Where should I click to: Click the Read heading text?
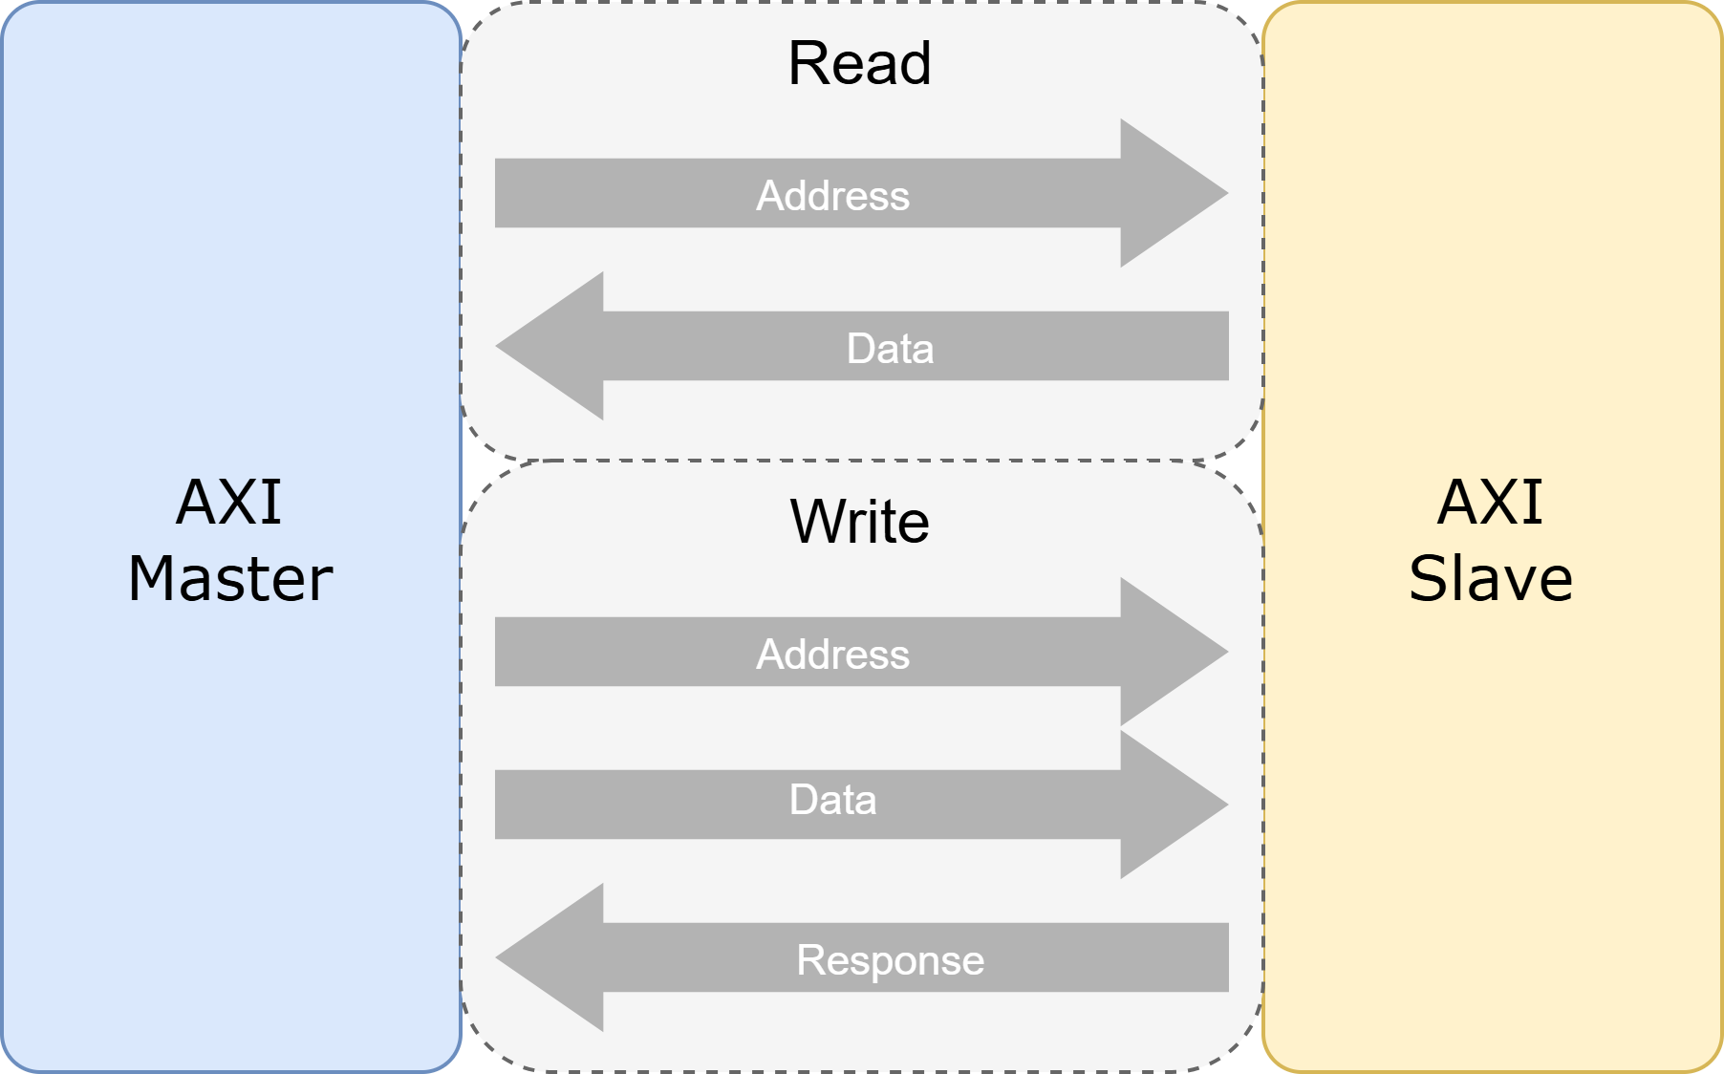tap(859, 64)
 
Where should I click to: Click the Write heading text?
tap(859, 522)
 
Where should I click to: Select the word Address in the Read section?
tap(832, 196)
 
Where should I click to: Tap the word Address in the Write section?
tap(832, 655)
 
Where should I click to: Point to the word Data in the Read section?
tap(890, 349)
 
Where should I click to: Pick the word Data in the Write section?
tap(832, 800)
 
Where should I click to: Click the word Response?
tap(890, 960)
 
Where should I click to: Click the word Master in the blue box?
tap(230, 579)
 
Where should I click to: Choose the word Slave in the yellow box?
tap(1490, 579)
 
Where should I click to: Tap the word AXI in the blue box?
tap(229, 503)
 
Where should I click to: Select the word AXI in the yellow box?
tap(1490, 503)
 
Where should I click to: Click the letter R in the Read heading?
tap(807, 64)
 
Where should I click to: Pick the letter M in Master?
tap(153, 579)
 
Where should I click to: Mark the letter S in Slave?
tap(1430, 579)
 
